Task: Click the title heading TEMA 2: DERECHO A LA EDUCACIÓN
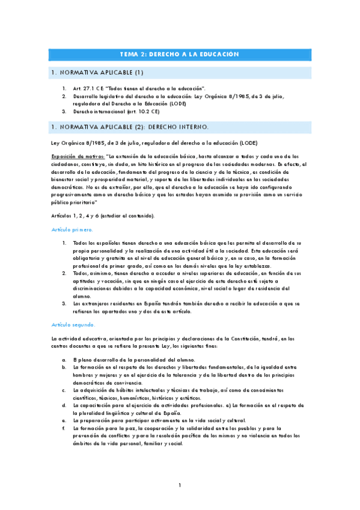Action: pos(180,54)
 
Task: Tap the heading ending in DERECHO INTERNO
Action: pos(130,127)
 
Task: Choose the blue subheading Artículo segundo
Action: pos(73,324)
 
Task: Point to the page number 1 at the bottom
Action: pos(180,485)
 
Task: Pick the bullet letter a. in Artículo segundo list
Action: pos(64,359)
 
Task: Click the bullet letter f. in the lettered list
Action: pos(64,429)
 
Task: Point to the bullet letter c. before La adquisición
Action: pos(64,390)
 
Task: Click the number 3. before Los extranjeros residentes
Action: pos(64,304)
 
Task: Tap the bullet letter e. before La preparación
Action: pos(64,421)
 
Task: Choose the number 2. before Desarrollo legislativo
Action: pos(64,96)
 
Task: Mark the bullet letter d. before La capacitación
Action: pos(64,405)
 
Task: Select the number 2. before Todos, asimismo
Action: pos(64,273)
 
